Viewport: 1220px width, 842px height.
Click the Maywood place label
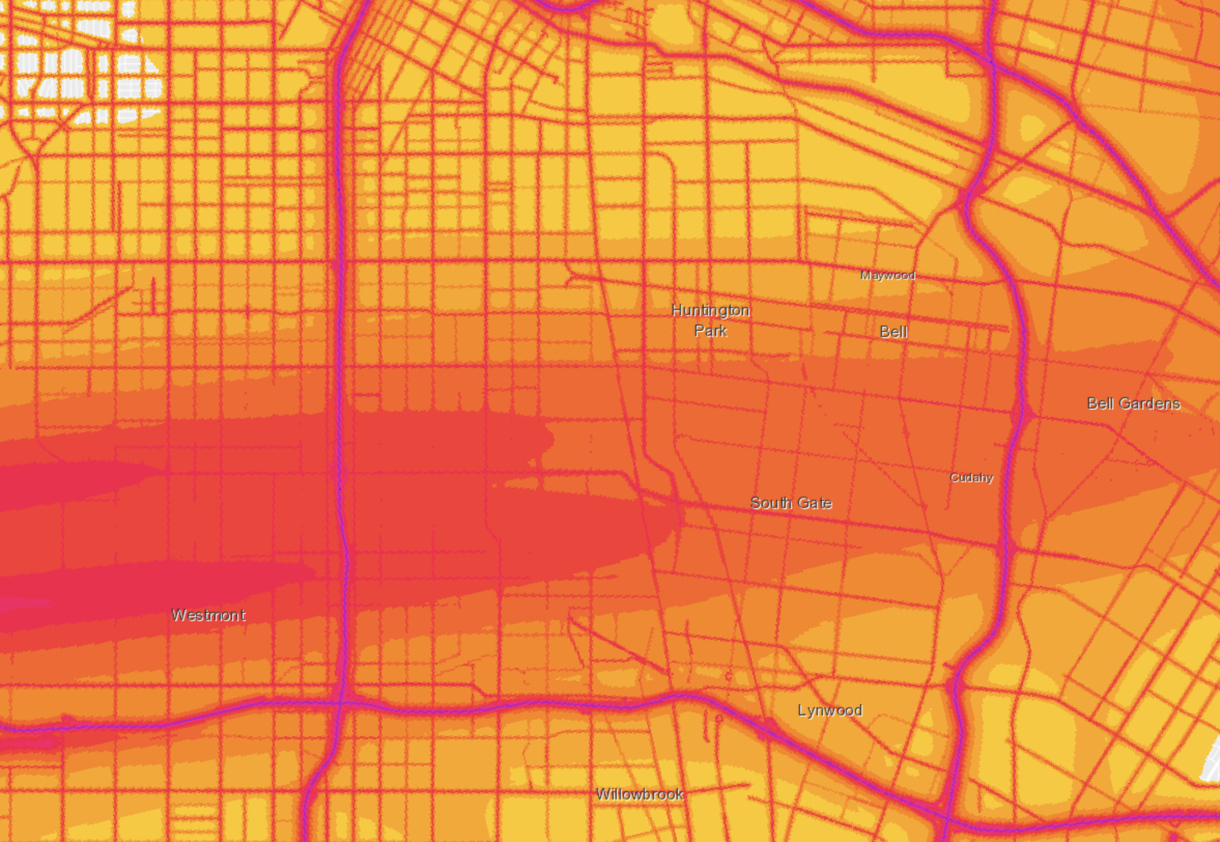point(888,275)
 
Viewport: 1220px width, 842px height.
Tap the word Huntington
point(711,310)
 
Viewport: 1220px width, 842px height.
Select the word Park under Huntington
point(711,331)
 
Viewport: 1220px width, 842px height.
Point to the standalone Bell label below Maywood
point(893,332)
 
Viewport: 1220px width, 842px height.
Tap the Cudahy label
point(972,478)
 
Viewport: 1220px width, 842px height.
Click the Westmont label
point(209,615)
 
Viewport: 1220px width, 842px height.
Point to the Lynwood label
point(830,711)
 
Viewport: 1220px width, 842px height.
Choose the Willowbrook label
point(640,794)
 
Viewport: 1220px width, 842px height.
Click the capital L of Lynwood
point(802,710)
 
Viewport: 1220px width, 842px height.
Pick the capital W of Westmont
point(179,615)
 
